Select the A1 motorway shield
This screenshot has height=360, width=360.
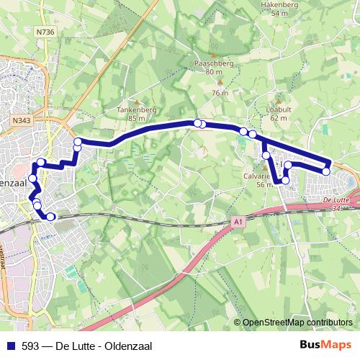(238, 224)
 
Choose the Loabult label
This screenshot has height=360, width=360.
(278, 109)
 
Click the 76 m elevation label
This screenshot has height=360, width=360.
(220, 94)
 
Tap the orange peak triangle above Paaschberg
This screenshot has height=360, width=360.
(213, 55)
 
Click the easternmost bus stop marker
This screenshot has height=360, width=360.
(326, 171)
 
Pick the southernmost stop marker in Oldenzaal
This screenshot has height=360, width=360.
(50, 216)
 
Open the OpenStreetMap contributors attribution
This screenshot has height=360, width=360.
(297, 323)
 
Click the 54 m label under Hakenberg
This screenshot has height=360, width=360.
(279, 13)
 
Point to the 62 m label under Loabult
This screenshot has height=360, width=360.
(279, 118)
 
